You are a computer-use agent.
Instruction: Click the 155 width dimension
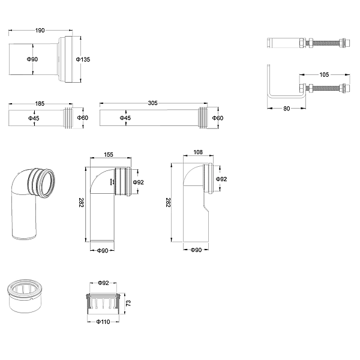(109, 154)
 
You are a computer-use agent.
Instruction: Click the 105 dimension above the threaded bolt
(323, 75)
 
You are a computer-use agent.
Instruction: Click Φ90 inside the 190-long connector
(32, 59)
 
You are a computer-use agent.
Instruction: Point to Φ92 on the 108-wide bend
(222, 179)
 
